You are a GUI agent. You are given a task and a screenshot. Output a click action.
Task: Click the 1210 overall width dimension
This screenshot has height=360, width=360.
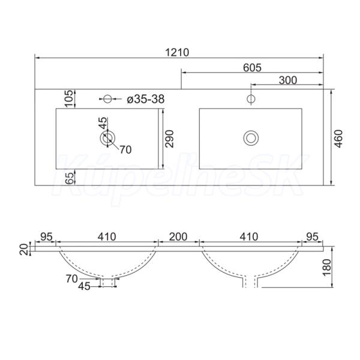pos(177,53)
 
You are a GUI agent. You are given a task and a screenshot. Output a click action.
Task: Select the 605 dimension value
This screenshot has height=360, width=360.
pos(252,68)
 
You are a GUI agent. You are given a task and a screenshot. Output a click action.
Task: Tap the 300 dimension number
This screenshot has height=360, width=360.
pos(288,80)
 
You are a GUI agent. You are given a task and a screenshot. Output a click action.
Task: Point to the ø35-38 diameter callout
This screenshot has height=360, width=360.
pos(146,99)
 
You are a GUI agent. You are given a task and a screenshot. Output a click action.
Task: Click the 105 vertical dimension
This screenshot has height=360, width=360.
pos(70,99)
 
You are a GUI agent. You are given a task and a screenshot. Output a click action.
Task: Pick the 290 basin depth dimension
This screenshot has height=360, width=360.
pos(170,139)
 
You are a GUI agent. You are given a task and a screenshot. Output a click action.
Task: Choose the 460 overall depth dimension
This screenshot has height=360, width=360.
pos(338,139)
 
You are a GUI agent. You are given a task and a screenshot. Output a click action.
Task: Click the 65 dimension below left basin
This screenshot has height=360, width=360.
pos(70,178)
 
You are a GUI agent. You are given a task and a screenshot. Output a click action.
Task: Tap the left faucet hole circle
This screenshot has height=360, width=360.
pos(107,99)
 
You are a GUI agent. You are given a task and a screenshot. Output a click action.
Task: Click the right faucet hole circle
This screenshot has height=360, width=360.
pos(251,99)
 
